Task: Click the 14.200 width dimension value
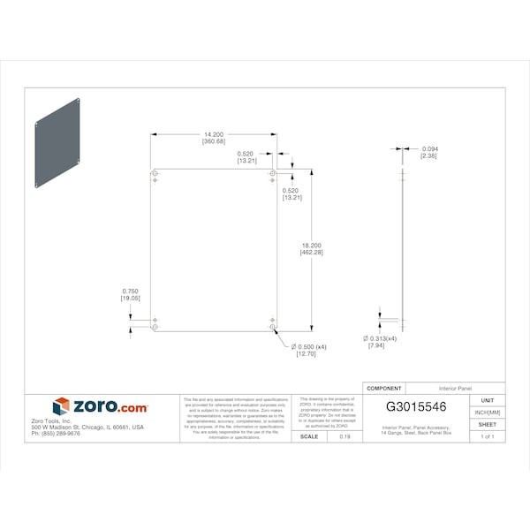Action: coord(213,134)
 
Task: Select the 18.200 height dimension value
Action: coord(312,246)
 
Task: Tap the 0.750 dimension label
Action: coord(131,291)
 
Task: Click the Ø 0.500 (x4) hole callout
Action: coord(310,347)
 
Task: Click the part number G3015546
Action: coord(417,407)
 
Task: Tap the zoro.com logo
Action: coord(100,407)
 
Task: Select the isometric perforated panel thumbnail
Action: coord(59,142)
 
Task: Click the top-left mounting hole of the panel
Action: coord(155,174)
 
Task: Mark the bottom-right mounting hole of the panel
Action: coord(272,327)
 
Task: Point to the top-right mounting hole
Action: coord(272,174)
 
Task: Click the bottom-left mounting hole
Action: coord(155,327)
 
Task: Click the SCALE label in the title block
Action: coord(309,436)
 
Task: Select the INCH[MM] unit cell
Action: coord(488,413)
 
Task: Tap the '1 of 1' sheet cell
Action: coord(488,436)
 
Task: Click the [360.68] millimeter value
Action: coord(213,141)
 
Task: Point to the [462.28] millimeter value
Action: coord(312,254)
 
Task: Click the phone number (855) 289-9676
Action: coord(55,434)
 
